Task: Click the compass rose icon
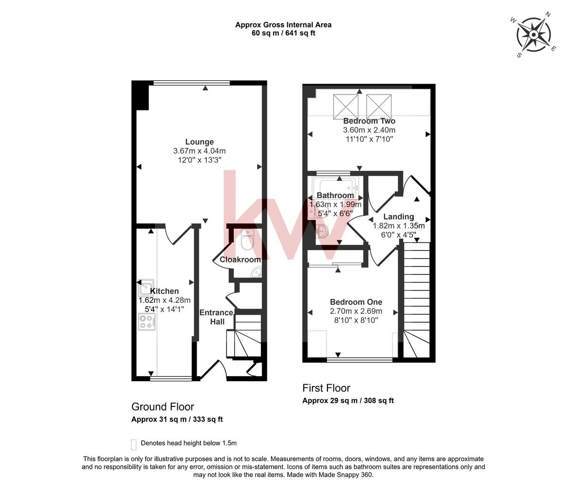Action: point(533,34)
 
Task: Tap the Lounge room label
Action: point(199,142)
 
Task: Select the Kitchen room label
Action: point(164,291)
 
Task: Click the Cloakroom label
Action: point(240,259)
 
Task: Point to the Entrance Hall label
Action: point(216,317)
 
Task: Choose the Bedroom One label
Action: point(356,302)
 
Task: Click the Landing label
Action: point(398,216)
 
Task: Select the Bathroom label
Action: point(335,195)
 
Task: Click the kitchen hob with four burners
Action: point(147,321)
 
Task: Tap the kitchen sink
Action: point(146,286)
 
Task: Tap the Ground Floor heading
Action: point(163,407)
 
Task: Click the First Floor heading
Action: point(326,388)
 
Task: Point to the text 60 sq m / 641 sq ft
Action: point(283,33)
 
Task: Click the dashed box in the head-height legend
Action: point(134,444)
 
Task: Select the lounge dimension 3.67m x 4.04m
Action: point(199,151)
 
